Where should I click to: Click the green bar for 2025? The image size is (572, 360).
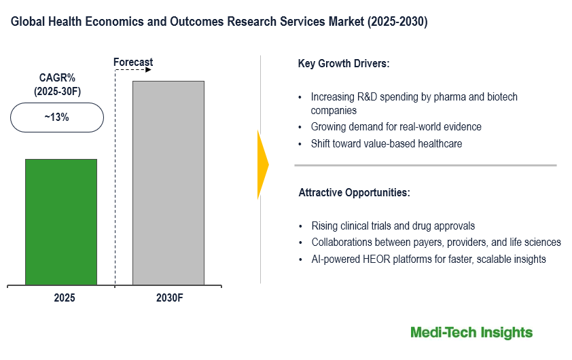(61, 222)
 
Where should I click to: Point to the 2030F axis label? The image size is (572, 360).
(168, 298)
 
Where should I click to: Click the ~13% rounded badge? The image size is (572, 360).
(57, 118)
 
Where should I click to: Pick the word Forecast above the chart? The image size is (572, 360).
(133, 62)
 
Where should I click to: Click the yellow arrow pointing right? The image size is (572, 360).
(262, 164)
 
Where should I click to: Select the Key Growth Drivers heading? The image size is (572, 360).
(343, 64)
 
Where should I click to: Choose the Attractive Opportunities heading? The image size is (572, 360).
(354, 193)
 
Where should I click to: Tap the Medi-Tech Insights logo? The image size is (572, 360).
(471, 332)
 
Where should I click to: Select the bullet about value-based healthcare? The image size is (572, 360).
(386, 144)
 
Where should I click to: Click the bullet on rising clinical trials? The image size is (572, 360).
(393, 226)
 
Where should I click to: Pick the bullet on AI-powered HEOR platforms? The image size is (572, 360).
(429, 259)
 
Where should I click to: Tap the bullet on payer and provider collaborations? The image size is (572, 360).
(436, 242)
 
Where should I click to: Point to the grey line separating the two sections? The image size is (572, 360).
(425, 165)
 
